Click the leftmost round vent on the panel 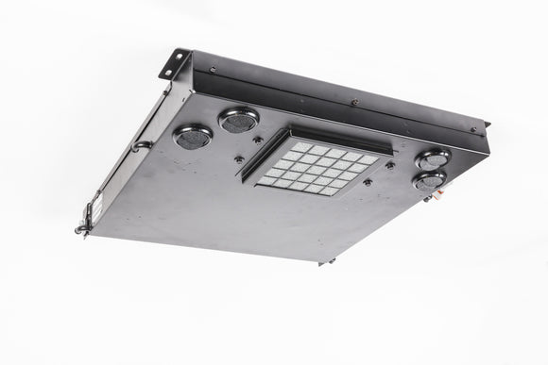pyautogui.click(x=193, y=136)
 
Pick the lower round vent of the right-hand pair pyautogui.click(x=430, y=179)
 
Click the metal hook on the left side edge pyautogui.click(x=141, y=145)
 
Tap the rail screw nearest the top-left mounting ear pyautogui.click(x=214, y=69)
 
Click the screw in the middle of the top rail pyautogui.click(x=354, y=101)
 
